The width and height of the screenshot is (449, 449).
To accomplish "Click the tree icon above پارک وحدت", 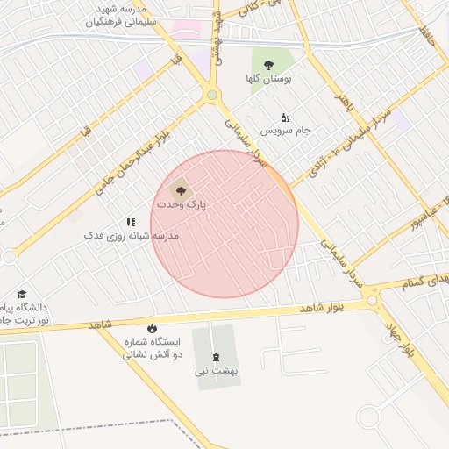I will coord(180,189).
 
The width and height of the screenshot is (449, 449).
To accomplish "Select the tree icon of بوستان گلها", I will coord(269,65).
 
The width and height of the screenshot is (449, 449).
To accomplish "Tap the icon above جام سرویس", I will coord(284,118).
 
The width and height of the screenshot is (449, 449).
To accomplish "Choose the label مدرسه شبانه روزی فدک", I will coord(132,236).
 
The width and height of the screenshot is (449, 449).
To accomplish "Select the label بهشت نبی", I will coord(217,371).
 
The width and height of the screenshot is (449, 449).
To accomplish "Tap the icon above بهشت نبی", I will coord(217,357).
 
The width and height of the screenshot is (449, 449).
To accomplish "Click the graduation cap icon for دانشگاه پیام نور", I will coord(22,295).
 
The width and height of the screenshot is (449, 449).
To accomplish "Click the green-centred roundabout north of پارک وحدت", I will coord(211,95).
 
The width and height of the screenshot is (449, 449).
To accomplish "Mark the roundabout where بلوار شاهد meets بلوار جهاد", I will coord(373,301).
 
